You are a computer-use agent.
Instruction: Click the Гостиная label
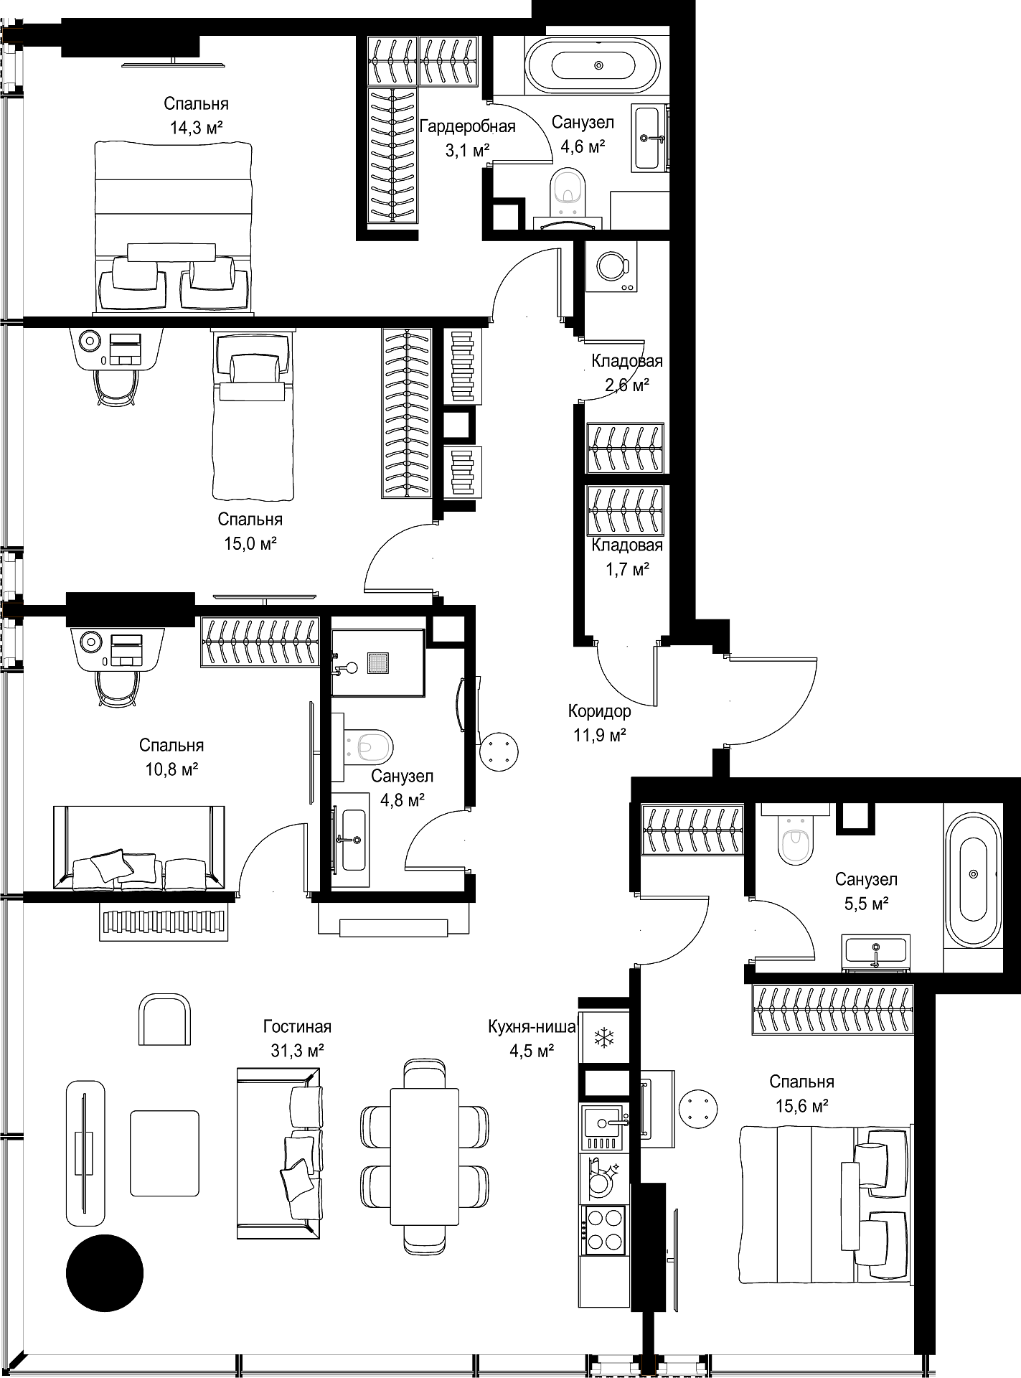tap(297, 1027)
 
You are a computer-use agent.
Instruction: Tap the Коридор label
tap(600, 711)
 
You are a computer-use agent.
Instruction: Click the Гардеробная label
tap(468, 127)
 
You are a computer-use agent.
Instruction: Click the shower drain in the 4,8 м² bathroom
tap(378, 662)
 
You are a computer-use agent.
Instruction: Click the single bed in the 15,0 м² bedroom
tap(253, 414)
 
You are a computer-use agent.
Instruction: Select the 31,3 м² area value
tap(297, 1051)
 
